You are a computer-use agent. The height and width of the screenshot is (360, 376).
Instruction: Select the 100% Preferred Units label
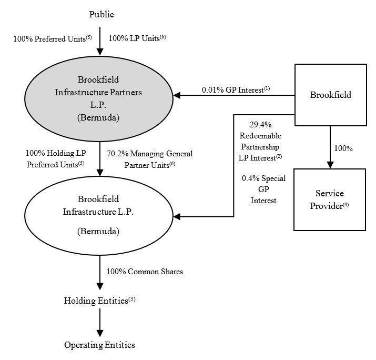(x=53, y=38)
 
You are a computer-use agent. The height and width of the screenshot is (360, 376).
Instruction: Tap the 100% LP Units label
(x=137, y=38)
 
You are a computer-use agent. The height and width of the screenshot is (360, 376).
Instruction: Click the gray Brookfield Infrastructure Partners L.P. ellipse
(x=99, y=98)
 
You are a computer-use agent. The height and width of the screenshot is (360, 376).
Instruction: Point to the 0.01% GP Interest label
(x=236, y=90)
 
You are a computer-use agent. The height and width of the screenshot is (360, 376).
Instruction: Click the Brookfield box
(x=330, y=95)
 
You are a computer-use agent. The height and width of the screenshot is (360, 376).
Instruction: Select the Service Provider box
(x=330, y=199)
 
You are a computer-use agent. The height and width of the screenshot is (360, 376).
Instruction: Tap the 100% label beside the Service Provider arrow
(x=343, y=148)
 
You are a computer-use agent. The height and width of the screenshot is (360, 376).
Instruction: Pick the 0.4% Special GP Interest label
(x=263, y=189)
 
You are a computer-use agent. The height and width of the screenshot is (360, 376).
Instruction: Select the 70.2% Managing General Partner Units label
(x=149, y=159)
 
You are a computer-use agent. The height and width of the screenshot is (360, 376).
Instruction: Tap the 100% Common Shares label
(x=145, y=272)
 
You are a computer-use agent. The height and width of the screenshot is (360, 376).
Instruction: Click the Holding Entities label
(x=99, y=301)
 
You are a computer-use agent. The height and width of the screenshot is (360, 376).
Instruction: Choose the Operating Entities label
(x=99, y=345)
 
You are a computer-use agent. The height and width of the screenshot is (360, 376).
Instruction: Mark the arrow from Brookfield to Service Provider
(x=330, y=147)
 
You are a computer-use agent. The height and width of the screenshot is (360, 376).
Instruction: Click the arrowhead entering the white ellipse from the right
(x=178, y=216)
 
